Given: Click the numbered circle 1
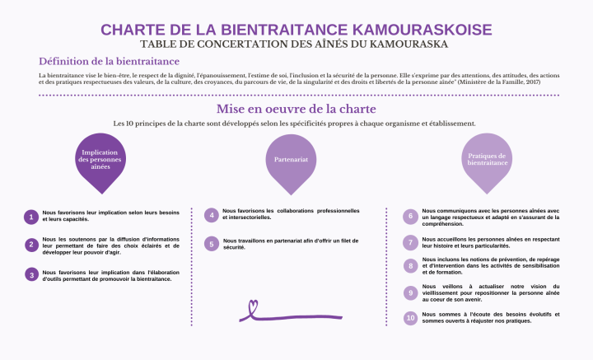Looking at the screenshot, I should pyautogui.click(x=31, y=217).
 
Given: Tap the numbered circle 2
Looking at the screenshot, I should pyautogui.click(x=31, y=245).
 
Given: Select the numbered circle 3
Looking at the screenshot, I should pyautogui.click(x=31, y=275).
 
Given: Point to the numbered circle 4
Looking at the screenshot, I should pyautogui.click(x=212, y=216).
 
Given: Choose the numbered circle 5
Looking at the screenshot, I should pyautogui.click(x=212, y=244).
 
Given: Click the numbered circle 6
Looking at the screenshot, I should pyautogui.click(x=410, y=217).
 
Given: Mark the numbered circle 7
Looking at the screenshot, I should pyautogui.click(x=410, y=242).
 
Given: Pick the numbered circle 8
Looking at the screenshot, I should pyautogui.click(x=410, y=266).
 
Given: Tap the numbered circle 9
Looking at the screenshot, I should pyautogui.click(x=410, y=292).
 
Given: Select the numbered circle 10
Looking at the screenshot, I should pyautogui.click(x=410, y=318).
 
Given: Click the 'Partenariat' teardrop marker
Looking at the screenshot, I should pyautogui.click(x=290, y=159).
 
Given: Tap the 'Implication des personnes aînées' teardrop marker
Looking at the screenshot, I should pyautogui.click(x=100, y=159).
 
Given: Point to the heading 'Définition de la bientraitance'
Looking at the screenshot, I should pyautogui.click(x=109, y=61).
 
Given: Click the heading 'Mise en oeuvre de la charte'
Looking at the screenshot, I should pyautogui.click(x=296, y=109).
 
